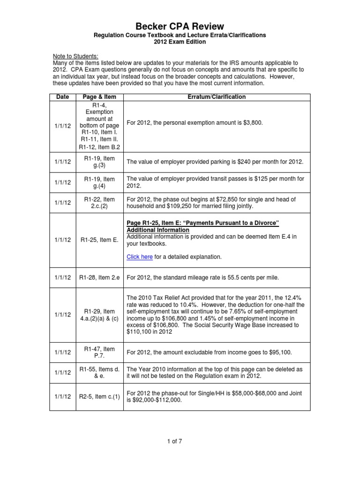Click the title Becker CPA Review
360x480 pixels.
pos(180,26)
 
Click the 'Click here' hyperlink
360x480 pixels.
pos(140,256)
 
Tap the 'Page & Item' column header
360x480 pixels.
pos(99,97)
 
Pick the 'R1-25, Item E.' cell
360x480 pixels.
pos(99,240)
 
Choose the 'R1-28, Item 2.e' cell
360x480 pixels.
pos(99,277)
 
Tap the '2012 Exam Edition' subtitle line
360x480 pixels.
pos(180,42)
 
